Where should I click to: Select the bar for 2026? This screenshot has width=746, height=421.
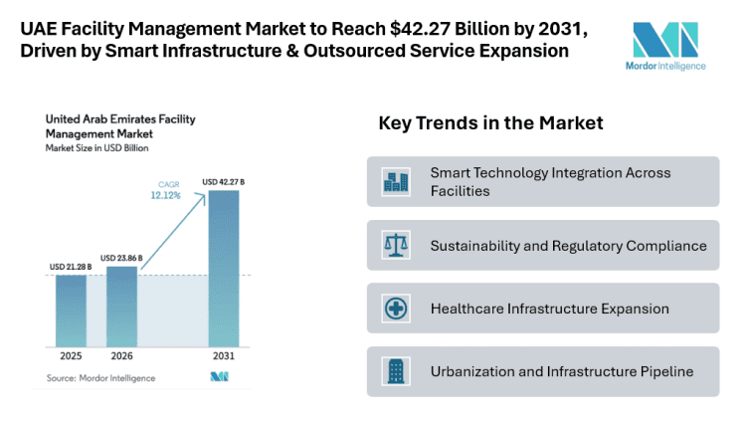tap(121, 306)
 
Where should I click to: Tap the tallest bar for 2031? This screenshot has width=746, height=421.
tap(224, 268)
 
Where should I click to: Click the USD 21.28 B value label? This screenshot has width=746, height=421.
tap(71, 267)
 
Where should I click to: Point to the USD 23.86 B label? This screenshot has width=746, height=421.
tap(121, 258)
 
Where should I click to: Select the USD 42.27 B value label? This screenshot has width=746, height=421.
tap(224, 182)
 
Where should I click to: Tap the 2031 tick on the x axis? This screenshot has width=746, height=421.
tap(224, 356)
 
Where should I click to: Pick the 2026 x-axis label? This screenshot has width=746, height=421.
tap(121, 356)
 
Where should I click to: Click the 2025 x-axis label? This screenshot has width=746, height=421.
tap(71, 356)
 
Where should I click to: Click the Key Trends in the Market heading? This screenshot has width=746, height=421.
tap(490, 123)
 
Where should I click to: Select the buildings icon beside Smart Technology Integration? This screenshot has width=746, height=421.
tap(396, 181)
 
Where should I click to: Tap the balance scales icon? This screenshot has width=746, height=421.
tap(396, 245)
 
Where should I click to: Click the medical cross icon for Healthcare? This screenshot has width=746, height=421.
tap(396, 309)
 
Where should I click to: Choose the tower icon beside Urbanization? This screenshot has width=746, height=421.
tap(396, 372)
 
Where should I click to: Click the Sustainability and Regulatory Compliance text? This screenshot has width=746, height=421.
tap(568, 245)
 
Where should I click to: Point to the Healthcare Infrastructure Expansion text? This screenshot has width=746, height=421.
tap(549, 309)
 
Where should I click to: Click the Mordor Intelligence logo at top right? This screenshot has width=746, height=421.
tap(668, 47)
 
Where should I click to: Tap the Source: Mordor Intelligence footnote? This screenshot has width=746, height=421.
tap(100, 378)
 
